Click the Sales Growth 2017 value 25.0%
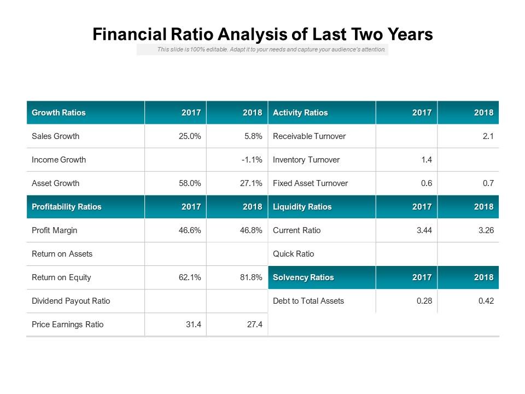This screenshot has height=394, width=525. [190, 136]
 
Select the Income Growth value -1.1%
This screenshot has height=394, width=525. [252, 160]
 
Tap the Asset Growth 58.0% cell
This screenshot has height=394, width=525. [190, 183]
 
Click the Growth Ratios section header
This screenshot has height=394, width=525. [59, 113]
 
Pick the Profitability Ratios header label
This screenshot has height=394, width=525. [66, 207]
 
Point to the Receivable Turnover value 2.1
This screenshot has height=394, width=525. [488, 136]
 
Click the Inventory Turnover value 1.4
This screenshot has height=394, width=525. [427, 160]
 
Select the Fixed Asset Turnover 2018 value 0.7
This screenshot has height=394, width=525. [488, 183]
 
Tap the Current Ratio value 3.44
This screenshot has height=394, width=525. [424, 230]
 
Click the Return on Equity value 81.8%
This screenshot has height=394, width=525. [251, 277]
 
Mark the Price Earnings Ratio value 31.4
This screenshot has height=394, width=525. [193, 325]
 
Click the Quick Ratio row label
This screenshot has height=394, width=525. [293, 254]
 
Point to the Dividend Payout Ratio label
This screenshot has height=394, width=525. [71, 301]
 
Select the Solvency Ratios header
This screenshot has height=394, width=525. [303, 277]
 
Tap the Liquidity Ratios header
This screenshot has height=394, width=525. [302, 207]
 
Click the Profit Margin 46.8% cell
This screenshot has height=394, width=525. [251, 230]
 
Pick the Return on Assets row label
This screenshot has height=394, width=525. [62, 254]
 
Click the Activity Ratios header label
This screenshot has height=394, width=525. [300, 113]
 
